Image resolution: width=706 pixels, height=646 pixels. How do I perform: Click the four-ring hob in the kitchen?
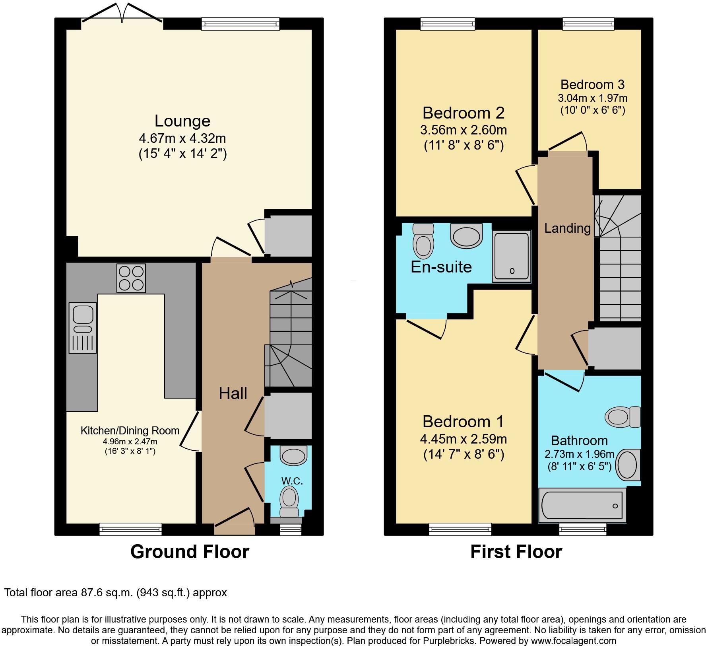[x=131, y=278]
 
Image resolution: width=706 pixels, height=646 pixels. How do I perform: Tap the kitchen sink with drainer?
[x=83, y=328]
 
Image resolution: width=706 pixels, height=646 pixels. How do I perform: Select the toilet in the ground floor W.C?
[x=289, y=500]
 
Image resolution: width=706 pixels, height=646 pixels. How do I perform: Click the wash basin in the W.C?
[x=294, y=455]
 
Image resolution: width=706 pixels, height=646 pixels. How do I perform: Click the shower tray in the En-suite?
[x=512, y=257]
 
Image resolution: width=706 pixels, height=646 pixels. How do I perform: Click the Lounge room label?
[x=182, y=121]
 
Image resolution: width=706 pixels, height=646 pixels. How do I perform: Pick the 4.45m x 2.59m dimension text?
[x=464, y=439]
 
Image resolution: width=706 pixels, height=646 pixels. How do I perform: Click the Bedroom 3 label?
[x=592, y=84]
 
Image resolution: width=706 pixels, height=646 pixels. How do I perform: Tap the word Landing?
[x=567, y=228]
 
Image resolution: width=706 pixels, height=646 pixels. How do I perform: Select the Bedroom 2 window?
[x=448, y=24]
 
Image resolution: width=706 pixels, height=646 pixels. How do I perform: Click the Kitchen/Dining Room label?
[x=130, y=430]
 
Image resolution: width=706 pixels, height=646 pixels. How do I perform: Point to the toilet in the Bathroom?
[x=623, y=417]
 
